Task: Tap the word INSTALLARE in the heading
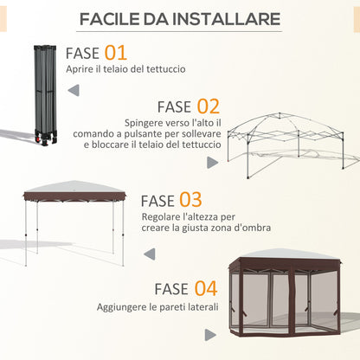point(227,19)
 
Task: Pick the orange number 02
point(207,107)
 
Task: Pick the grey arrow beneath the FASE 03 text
point(150,254)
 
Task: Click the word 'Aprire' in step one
point(80,68)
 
